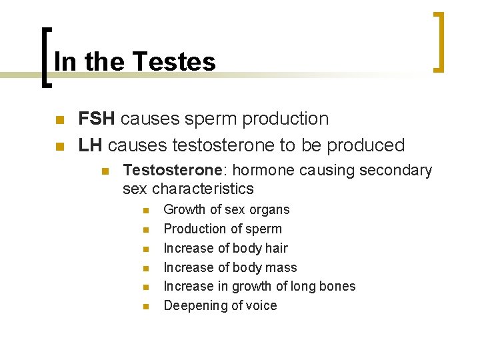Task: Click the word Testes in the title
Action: [x=174, y=62]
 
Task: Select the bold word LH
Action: [x=91, y=145]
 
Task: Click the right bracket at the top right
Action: [x=438, y=41]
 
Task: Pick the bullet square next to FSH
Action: [x=59, y=120]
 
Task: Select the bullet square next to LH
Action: [x=59, y=146]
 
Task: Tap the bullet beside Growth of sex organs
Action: [x=146, y=211]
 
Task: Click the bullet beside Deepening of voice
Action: [x=146, y=307]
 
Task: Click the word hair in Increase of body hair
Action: [x=276, y=248]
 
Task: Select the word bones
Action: [x=337, y=286]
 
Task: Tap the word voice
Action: [x=261, y=305]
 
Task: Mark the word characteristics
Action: [x=203, y=189]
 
